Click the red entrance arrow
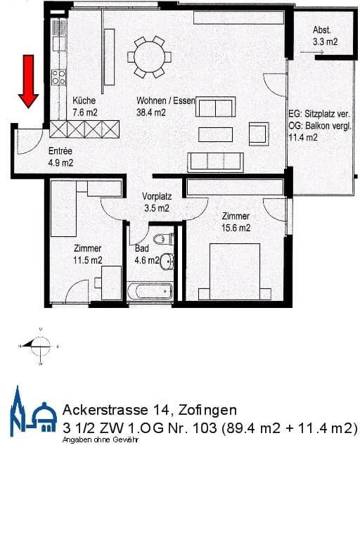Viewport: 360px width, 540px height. (x=29, y=81)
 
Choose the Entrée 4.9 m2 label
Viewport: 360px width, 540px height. (x=60, y=157)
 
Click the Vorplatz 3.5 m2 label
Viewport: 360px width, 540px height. (x=155, y=202)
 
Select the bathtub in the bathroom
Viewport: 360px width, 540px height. (x=149, y=290)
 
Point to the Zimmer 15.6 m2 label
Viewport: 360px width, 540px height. (x=236, y=222)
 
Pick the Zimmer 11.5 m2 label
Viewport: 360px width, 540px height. (x=88, y=254)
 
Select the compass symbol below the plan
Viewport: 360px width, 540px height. (x=39, y=345)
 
